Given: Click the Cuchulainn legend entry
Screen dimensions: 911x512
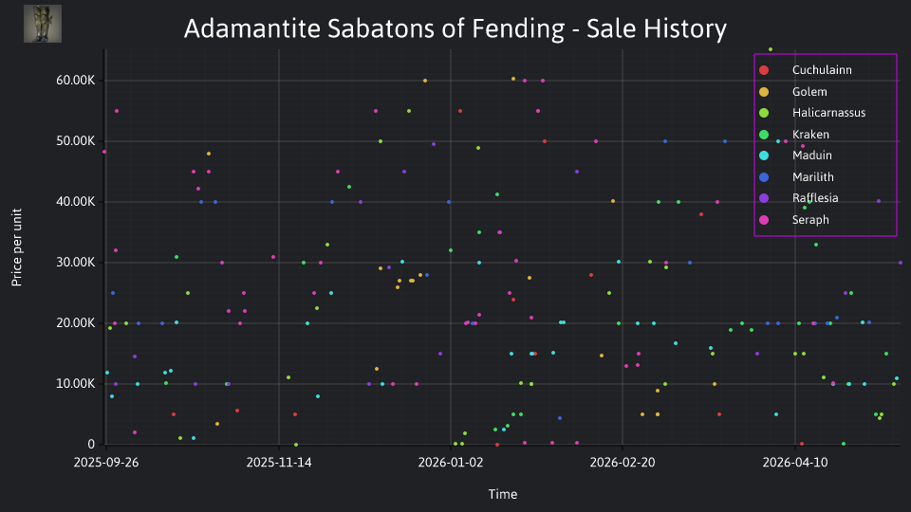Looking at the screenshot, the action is (822, 69).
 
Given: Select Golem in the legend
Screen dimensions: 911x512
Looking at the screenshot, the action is (809, 92).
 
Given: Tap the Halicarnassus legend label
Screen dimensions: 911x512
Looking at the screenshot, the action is (828, 113).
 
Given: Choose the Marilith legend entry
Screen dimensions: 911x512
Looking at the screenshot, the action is (813, 177).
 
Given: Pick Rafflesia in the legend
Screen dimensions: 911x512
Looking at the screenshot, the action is (815, 198).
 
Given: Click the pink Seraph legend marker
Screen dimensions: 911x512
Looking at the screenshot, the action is (764, 220).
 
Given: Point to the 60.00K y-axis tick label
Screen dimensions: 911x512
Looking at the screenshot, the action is (76, 80).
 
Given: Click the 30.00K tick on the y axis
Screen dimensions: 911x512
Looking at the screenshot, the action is (76, 263).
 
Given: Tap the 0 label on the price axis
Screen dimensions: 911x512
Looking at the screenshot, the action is (91, 444).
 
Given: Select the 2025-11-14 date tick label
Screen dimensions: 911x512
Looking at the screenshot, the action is (279, 463).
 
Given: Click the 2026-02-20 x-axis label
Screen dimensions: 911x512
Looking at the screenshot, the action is (623, 463).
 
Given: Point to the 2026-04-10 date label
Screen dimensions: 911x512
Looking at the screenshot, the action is (795, 463).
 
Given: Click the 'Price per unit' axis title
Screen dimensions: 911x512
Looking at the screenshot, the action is (17, 247).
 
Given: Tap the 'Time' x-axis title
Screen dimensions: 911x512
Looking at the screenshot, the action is (503, 494).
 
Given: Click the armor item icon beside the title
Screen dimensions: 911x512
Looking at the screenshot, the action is (43, 24).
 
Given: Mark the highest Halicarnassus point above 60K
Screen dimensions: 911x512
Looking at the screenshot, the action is (771, 49).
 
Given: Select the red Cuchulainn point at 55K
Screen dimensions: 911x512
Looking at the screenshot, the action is (460, 111).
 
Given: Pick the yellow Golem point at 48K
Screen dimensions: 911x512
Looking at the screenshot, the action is (209, 154).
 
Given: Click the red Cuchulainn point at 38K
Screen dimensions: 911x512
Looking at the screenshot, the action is (701, 214).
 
